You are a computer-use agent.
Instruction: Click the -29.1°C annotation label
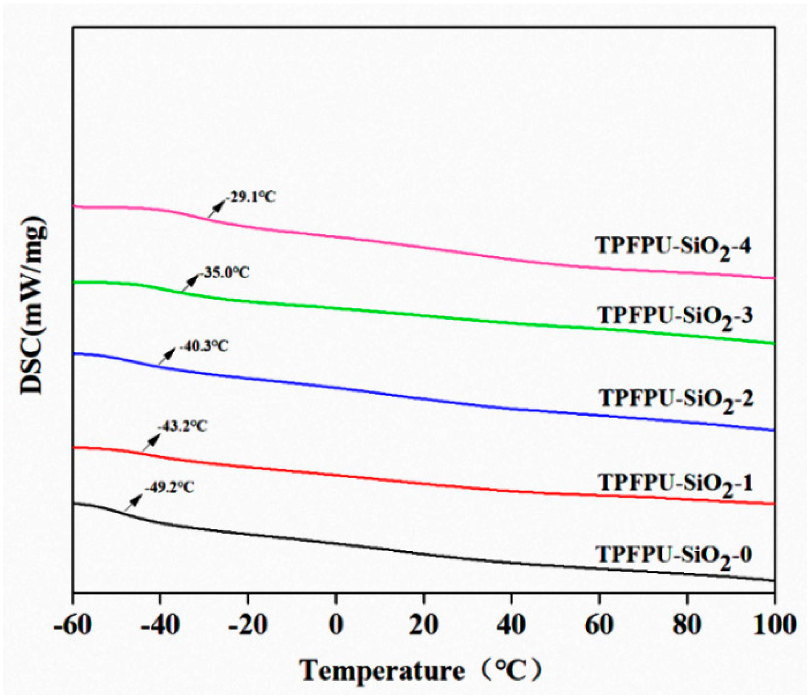click(251, 197)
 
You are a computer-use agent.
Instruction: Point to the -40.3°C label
click(204, 346)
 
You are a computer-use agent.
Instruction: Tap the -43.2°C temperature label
click(182, 427)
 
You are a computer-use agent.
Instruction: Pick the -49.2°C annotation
click(169, 488)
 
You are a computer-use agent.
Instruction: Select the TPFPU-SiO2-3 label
click(675, 317)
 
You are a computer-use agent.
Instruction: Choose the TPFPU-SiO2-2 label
click(676, 399)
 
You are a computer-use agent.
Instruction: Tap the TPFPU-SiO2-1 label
click(675, 484)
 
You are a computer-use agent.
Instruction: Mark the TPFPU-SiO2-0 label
click(674, 556)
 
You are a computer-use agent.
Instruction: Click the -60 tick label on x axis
click(73, 625)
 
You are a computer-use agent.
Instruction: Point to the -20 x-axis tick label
click(248, 625)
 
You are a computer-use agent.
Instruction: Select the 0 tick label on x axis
click(336, 625)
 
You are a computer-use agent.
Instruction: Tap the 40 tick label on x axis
click(511, 625)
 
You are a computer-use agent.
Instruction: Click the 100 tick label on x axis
click(774, 625)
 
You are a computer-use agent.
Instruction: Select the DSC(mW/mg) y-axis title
click(33, 305)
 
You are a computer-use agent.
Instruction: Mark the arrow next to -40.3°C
click(167, 358)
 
